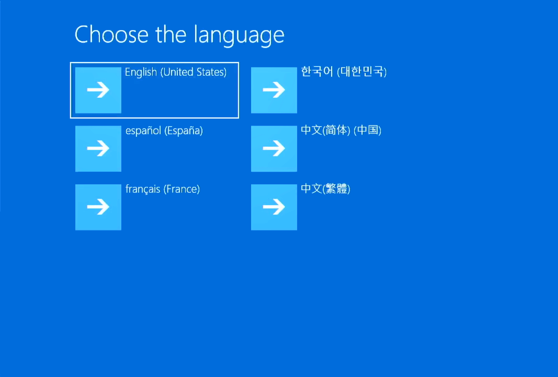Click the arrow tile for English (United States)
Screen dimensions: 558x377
[x=98, y=90]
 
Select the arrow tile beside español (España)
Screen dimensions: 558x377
[x=98, y=149]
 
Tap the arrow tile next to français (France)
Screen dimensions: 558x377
[x=98, y=207]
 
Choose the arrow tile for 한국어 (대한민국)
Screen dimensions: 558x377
[x=274, y=90]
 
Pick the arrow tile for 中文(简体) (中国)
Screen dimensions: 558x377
[x=274, y=149]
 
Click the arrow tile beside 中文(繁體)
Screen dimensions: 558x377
[x=274, y=207]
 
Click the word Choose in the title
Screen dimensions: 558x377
[x=112, y=35]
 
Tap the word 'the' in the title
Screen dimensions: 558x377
[x=171, y=35]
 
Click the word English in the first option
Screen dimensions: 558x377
[x=141, y=72]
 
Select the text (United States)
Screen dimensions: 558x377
[x=194, y=72]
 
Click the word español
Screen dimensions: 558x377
[x=143, y=131]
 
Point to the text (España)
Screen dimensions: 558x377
[x=183, y=131]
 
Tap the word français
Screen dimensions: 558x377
[x=143, y=189]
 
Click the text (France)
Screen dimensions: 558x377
[x=182, y=189]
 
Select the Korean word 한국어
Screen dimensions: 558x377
[x=317, y=72]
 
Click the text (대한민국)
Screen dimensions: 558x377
[x=362, y=72]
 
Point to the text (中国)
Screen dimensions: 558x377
[x=368, y=130]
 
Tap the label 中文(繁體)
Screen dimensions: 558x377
[x=326, y=189]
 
